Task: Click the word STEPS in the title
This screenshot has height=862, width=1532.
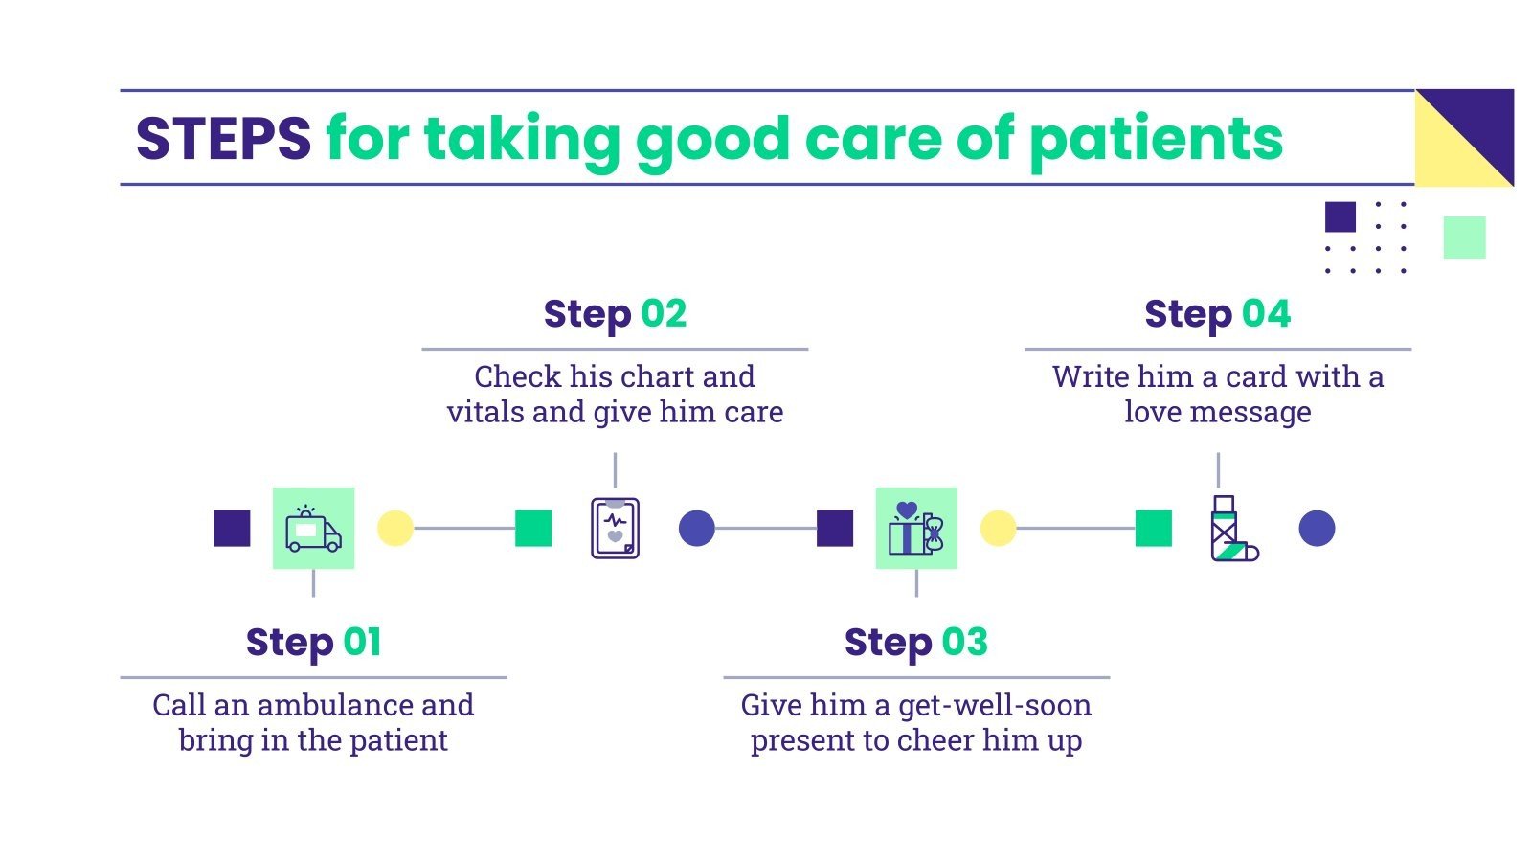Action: pos(223,139)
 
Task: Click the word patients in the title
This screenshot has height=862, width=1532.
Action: pos(1156,139)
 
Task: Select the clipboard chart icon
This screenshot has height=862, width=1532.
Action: pos(615,529)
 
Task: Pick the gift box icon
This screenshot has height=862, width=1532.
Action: pos(915,529)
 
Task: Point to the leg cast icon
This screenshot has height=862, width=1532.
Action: pos(1232,529)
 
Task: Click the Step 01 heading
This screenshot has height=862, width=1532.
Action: pos(313,642)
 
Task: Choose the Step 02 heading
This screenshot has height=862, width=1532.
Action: pos(615,314)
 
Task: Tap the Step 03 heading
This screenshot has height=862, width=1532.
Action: pos(915,642)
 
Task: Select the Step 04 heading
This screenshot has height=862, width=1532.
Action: pos(1217,314)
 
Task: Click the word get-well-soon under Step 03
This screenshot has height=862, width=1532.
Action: pos(995,706)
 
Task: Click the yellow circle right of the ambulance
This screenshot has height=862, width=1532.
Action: pos(394,528)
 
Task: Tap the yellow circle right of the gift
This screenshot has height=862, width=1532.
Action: pos(998,528)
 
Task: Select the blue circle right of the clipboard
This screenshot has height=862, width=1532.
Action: pos(696,528)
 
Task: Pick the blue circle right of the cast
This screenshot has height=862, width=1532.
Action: pos(1317,528)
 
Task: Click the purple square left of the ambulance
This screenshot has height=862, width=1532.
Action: pos(232,528)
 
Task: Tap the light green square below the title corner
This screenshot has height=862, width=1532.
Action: pos(1464,238)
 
